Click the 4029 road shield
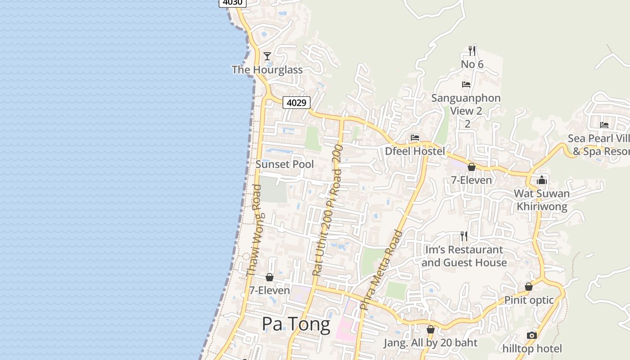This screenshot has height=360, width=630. click(297, 103)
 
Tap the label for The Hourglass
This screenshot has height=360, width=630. click(267, 70)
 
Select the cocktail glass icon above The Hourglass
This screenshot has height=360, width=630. click(267, 56)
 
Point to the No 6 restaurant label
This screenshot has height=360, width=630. click(472, 64)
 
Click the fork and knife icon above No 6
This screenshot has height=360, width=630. click(472, 50)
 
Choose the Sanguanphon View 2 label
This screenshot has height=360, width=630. click(466, 104)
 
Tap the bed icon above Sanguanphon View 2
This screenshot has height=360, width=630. click(466, 84)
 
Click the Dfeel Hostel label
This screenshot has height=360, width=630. click(414, 151)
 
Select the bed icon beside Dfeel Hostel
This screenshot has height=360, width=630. click(415, 137)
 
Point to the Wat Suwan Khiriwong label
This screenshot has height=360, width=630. click(542, 200)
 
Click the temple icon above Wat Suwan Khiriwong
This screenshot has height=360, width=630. click(542, 180)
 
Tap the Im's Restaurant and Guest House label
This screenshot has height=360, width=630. click(464, 256)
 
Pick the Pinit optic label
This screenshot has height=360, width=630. click(529, 300)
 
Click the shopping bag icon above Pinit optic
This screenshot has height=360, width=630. click(529, 287)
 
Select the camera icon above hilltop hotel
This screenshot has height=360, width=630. click(532, 335)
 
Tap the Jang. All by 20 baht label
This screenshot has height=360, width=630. click(430, 343)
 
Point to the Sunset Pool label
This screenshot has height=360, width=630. click(284, 164)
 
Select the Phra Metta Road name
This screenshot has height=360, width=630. click(381, 270)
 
